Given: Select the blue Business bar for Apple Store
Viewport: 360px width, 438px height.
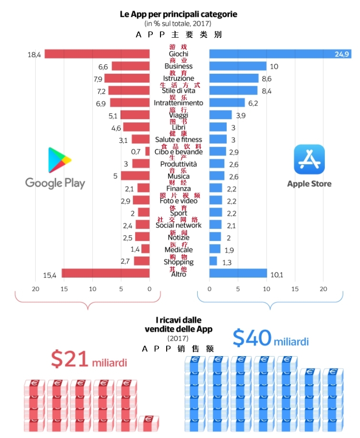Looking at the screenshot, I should coord(238,66).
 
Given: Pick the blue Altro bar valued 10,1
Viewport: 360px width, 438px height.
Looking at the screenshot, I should coord(238,273).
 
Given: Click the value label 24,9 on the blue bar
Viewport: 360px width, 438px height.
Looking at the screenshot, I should coord(341,54).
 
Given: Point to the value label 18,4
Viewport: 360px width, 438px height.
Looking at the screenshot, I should coord(34,55).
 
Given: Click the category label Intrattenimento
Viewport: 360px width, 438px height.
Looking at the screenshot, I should coord(179,103).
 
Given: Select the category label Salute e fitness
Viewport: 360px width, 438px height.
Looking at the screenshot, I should coord(179,139).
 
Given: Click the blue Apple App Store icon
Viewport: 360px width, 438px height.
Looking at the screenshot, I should coord(309,159).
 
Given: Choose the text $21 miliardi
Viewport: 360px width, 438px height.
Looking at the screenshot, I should coord(89,360).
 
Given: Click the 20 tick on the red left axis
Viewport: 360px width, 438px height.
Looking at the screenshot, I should coord(35,289).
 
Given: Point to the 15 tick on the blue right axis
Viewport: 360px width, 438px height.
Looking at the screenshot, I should coord(295,289).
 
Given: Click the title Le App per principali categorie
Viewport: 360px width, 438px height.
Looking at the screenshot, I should coord(179,14).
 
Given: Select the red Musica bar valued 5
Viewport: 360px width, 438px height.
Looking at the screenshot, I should coord(135,176).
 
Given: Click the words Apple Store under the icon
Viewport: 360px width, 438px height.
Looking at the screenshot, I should coord(309,184).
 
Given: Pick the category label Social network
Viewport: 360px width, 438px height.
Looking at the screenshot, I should coord(179,225).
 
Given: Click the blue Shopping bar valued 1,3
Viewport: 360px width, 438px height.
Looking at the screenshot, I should coord(213,261).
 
